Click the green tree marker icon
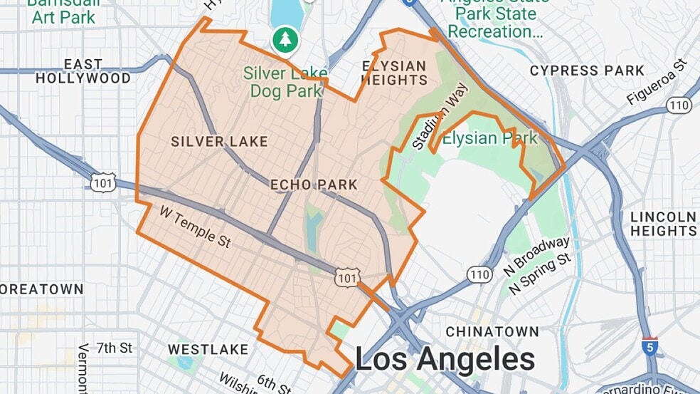pos(285,40)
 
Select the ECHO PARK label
pos(314,185)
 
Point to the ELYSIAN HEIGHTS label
pos(394,73)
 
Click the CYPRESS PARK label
pos(587,71)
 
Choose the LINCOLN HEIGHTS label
pos(663,224)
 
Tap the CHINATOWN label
pos(492,332)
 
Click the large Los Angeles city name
pos(445,359)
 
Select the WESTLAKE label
pos(208,350)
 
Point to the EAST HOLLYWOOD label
pos(83,71)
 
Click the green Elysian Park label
pos(490,138)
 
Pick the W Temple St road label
pos(195,227)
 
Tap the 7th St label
pos(115,348)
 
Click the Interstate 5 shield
pos(649,347)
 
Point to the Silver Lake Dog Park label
pos(285,82)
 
